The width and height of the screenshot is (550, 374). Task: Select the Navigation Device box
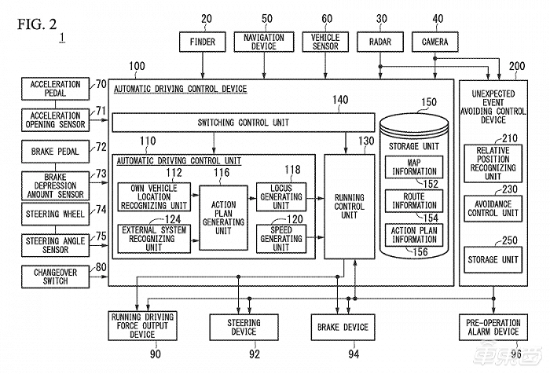[259, 41]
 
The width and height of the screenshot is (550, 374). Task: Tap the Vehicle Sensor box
[325, 41]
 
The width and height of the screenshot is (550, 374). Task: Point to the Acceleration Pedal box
[50, 89]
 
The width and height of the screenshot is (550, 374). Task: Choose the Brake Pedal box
[50, 148]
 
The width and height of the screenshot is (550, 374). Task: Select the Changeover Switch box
[50, 276]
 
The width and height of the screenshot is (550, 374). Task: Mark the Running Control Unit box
[349, 207]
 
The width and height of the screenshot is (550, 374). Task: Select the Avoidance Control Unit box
[493, 207]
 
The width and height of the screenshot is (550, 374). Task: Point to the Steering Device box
[244, 326]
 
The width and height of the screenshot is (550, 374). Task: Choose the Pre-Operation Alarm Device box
[493, 326]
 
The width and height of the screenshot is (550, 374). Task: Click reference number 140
[339, 100]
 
